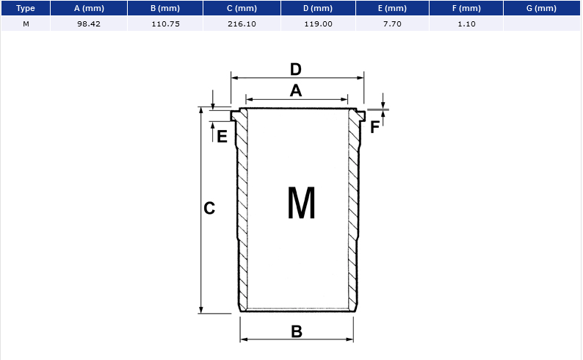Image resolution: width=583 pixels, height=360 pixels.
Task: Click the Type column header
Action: (x=26, y=8)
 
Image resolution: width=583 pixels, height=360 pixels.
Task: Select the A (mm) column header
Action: (x=89, y=8)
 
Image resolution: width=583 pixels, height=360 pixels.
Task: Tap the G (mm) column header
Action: (x=541, y=8)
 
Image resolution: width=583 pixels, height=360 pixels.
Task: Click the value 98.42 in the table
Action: (x=89, y=24)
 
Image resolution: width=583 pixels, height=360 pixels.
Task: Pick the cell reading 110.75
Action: (x=165, y=24)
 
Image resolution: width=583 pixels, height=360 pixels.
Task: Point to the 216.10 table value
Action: (x=242, y=24)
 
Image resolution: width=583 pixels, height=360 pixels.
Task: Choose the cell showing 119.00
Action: (x=318, y=24)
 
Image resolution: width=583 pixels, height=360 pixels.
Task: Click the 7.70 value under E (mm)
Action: (x=392, y=24)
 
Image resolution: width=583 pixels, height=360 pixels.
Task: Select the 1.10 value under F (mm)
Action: (x=467, y=24)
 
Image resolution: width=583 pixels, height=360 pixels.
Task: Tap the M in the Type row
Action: (x=26, y=24)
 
